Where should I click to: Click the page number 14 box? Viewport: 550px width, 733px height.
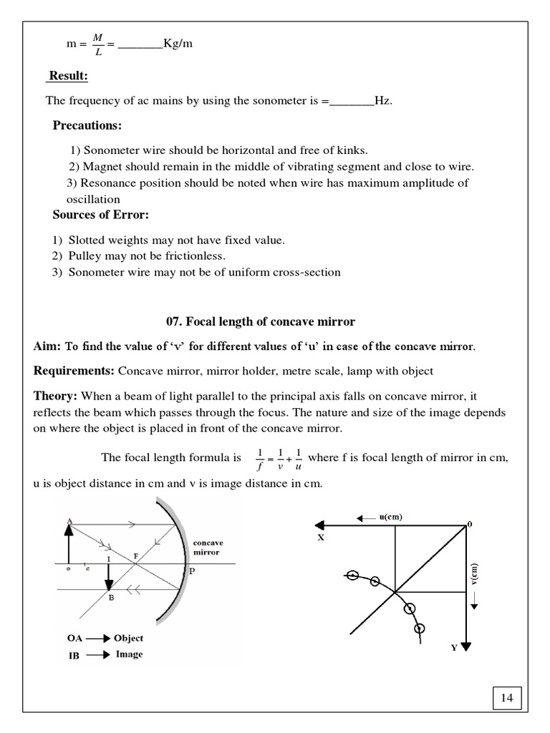(x=507, y=697)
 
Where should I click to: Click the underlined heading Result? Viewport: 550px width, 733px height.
(x=68, y=76)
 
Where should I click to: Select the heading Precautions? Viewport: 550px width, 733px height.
(x=87, y=126)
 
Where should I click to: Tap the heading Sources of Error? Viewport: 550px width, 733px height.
(x=100, y=215)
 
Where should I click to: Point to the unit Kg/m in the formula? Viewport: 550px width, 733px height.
(x=178, y=44)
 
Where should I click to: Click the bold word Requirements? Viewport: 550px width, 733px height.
(x=74, y=371)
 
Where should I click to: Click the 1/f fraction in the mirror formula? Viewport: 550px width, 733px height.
(x=259, y=459)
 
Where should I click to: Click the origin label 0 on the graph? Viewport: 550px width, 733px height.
(x=470, y=525)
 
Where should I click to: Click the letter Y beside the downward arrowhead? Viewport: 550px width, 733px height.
(x=453, y=647)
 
